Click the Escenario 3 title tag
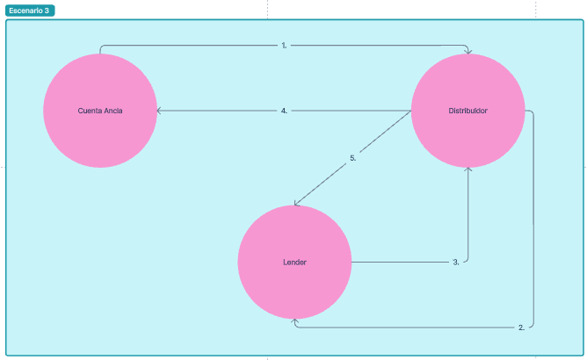coord(30,11)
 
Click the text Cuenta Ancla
coord(100,111)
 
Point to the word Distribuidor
coord(467,111)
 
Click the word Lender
coord(294,263)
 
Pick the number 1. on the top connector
coord(285,45)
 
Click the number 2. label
coord(522,327)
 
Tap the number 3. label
coord(456,262)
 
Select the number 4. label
coord(285,111)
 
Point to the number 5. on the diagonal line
coord(352,158)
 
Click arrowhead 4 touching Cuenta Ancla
coord(159,111)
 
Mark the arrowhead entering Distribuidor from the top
coord(467,52)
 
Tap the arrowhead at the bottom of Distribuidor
coord(467,170)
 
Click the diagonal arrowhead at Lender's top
coord(297,204)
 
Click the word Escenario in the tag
coord(25,11)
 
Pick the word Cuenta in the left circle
coord(89,111)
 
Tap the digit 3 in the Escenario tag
coord(47,11)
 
